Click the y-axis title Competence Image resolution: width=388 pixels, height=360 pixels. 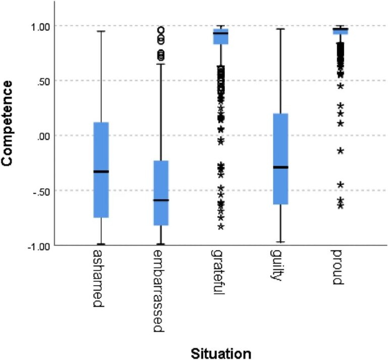[7, 123]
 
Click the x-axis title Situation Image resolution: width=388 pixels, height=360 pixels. [221, 353]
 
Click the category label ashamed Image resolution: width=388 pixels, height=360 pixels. [99, 278]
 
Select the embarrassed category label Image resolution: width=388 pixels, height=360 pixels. [159, 291]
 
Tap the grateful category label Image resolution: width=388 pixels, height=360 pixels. [218, 272]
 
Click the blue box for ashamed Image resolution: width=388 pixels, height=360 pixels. [101, 170]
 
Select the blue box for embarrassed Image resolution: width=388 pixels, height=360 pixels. [161, 193]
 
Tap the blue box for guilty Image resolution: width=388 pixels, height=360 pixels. [280, 159]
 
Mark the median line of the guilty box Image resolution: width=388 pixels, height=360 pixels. [280, 168]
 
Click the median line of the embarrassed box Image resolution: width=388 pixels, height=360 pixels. [161, 200]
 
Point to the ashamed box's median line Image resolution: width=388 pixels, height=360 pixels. [101, 171]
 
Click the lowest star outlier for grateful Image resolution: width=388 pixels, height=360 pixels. [221, 226]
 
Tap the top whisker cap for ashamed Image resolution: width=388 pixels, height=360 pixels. [101, 31]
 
